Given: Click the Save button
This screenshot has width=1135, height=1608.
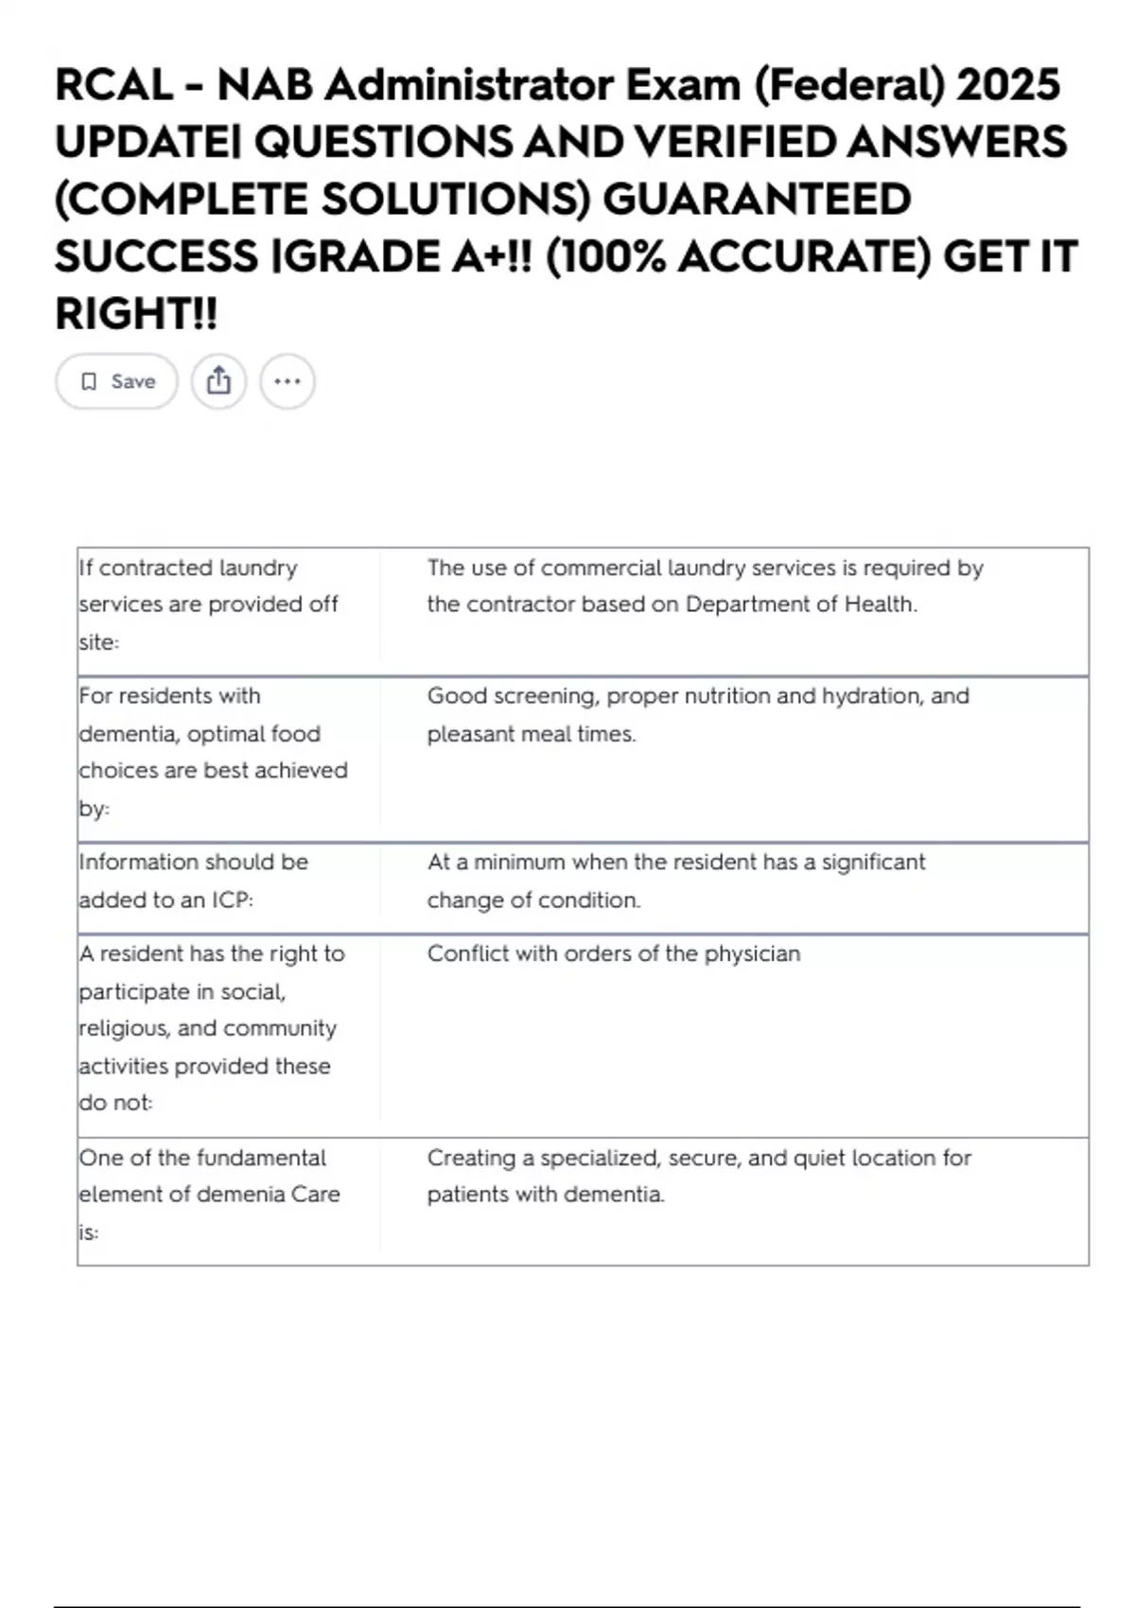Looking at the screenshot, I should tap(116, 381).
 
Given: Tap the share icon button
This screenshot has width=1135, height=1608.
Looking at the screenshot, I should tap(218, 381).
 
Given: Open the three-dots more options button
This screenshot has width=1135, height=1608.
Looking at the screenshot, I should tap(287, 381).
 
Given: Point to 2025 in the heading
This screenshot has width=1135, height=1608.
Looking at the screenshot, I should tap(1008, 85).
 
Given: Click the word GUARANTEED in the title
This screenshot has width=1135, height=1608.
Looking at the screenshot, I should tap(757, 200).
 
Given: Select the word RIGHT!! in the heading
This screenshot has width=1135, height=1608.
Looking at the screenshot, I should tap(136, 314).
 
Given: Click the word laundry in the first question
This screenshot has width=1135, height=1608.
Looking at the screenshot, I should tap(258, 568).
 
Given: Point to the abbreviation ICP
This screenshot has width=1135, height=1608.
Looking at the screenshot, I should tap(232, 900).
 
